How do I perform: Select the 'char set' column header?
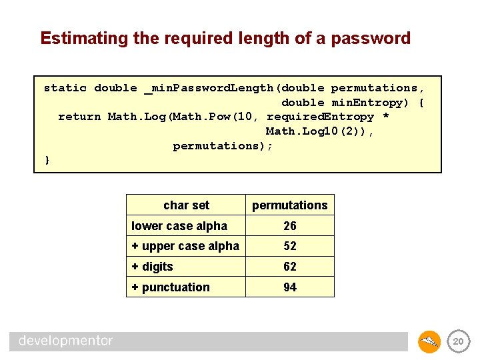(x=186, y=205)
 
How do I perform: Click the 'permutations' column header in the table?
(x=289, y=205)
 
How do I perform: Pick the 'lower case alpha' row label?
(x=179, y=226)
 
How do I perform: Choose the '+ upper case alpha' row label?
(x=185, y=246)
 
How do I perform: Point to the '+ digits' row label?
(x=153, y=267)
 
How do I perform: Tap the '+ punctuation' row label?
(x=171, y=287)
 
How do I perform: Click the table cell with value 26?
(x=289, y=226)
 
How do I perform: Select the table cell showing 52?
(x=289, y=246)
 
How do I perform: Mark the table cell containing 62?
(x=289, y=267)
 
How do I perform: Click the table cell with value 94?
(x=289, y=287)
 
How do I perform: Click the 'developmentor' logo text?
(x=65, y=341)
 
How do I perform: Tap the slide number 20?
(x=457, y=342)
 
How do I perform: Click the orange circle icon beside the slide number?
(x=429, y=342)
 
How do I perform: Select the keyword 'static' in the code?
(x=65, y=88)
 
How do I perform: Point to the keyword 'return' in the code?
(x=79, y=117)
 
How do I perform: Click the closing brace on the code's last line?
(x=47, y=160)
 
